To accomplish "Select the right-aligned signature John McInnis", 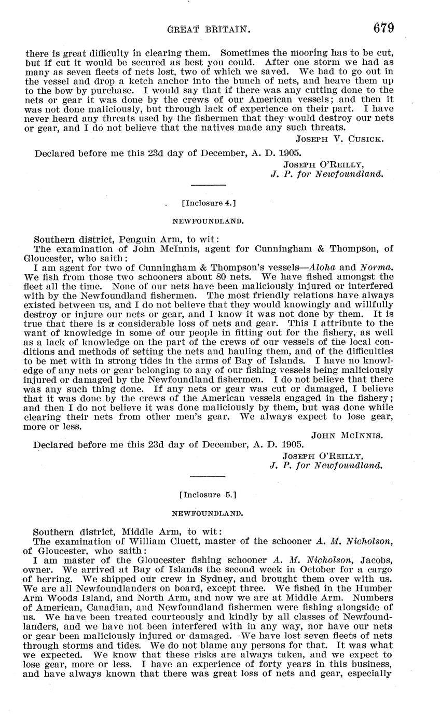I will pos(347,436).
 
